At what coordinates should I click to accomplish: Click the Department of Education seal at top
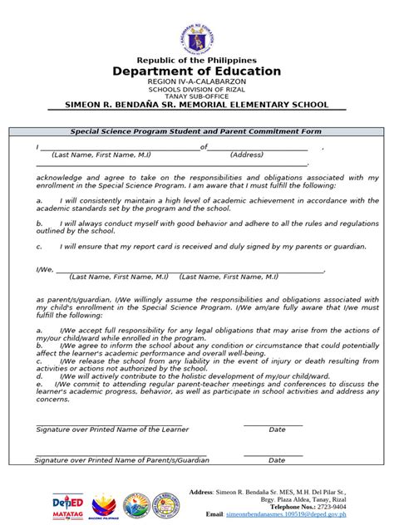pos(197,38)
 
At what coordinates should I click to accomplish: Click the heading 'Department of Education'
pos(197,72)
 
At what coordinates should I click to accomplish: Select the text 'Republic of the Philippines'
pos(197,61)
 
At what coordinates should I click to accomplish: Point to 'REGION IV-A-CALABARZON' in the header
pos(197,84)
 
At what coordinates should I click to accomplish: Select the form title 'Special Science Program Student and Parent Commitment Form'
pos(196,132)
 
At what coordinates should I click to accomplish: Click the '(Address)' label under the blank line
pos(247,155)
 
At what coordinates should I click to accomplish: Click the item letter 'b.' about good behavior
pos(39,223)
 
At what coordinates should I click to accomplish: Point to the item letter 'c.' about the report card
pos(39,247)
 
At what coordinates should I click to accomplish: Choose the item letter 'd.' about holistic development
pos(39,375)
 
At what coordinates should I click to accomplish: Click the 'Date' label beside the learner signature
pos(277,429)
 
